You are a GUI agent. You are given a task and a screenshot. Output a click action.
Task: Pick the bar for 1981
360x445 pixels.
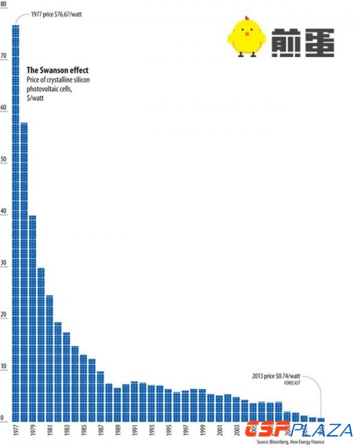pos(49,358)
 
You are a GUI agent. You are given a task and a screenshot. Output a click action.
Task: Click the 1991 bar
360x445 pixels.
pos(134,401)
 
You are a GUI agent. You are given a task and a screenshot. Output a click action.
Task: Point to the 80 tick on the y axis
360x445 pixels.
pos(3,5)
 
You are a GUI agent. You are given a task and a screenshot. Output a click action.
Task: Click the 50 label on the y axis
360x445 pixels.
pos(3,159)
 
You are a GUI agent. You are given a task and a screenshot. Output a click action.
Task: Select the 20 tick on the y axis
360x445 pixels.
pos(3,315)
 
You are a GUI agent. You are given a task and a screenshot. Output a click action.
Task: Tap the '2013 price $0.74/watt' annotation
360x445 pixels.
pos(277,375)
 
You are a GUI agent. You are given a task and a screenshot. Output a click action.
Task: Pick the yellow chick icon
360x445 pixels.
pos(246,37)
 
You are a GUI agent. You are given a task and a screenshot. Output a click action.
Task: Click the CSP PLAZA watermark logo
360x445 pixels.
pos(298,430)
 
